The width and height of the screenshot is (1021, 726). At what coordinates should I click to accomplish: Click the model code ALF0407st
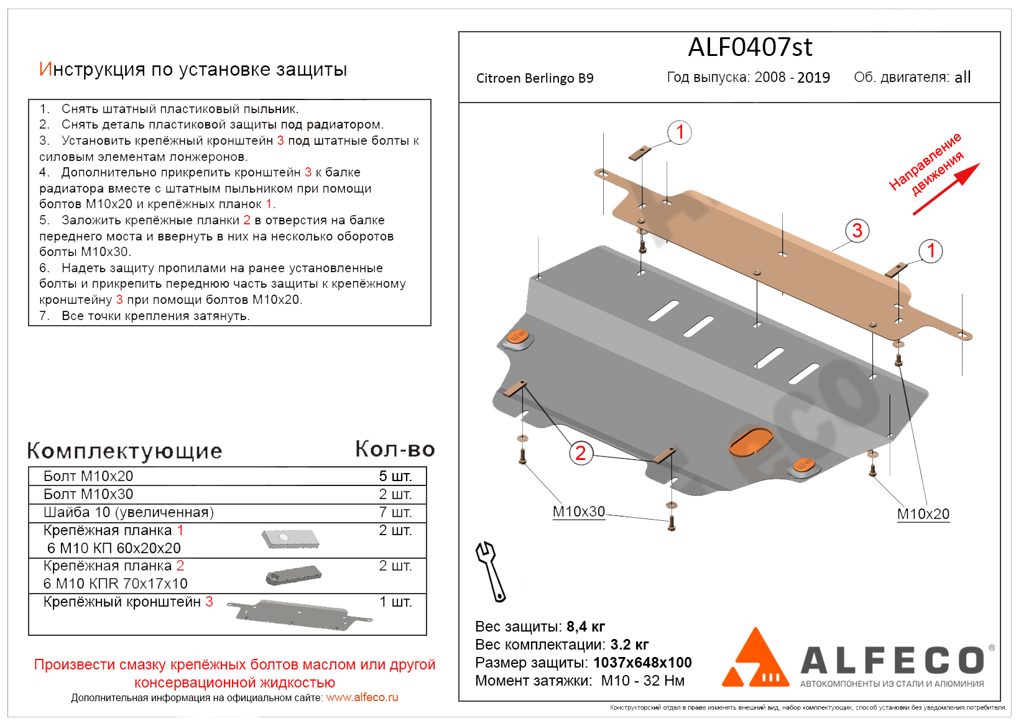click(750, 47)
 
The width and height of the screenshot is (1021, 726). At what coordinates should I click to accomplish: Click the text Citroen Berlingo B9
click(535, 78)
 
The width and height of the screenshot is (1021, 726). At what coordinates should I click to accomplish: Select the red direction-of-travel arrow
click(946, 189)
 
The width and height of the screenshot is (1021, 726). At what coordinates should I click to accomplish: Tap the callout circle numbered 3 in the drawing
click(857, 231)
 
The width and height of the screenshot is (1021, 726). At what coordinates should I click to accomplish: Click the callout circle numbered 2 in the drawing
click(580, 453)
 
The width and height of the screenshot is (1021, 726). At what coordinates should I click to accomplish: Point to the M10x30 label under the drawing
click(578, 512)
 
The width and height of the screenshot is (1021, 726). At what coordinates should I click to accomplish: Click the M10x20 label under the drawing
click(923, 514)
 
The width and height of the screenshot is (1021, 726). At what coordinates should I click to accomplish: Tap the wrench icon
click(490, 571)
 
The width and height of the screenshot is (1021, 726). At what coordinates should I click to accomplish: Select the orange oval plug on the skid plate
click(751, 441)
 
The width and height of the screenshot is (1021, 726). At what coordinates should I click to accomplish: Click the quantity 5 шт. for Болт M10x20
click(395, 476)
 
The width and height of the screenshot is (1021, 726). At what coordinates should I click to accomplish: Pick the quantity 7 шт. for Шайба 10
click(395, 512)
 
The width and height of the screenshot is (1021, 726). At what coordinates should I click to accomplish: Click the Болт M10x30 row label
click(88, 494)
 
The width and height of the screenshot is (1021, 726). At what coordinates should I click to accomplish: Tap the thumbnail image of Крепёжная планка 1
click(290, 539)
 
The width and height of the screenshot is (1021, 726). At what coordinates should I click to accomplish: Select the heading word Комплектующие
click(124, 451)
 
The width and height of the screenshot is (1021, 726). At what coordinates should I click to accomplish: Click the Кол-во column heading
click(395, 449)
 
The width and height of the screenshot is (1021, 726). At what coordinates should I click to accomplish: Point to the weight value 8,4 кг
click(585, 627)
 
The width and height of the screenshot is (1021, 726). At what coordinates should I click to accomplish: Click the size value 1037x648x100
click(642, 663)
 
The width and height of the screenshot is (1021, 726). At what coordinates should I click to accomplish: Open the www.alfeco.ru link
click(362, 697)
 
